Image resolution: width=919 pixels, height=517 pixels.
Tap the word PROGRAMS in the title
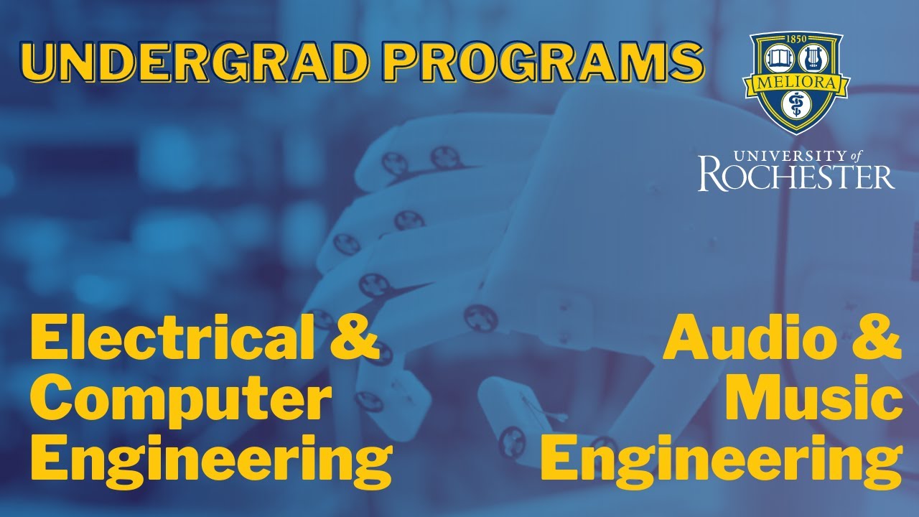click(544, 62)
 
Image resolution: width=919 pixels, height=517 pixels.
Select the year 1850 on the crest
click(796, 39)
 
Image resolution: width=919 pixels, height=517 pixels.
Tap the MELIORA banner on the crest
click(796, 83)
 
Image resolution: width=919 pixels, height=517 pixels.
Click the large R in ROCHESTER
click(712, 174)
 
